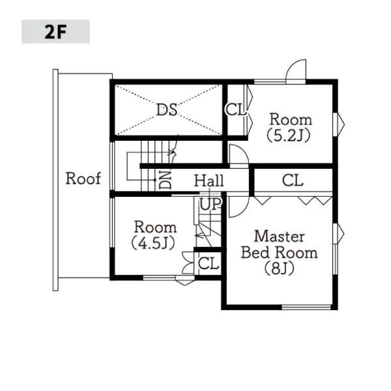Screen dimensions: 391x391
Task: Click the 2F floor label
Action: pyautogui.click(x=55, y=32)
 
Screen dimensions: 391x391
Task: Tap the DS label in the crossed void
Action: pyautogui.click(x=167, y=109)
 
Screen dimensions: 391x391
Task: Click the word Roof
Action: pyautogui.click(x=83, y=179)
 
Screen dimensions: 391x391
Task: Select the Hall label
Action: pyautogui.click(x=209, y=181)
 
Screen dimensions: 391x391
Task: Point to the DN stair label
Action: pyautogui.click(x=166, y=180)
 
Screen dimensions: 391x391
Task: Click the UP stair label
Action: pyautogui.click(x=210, y=204)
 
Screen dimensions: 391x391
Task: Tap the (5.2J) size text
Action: pyautogui.click(x=289, y=136)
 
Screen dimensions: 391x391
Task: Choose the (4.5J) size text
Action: pyautogui.click(x=153, y=243)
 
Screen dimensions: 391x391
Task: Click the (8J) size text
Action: pyautogui.click(x=280, y=268)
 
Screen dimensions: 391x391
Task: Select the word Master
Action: pyautogui.click(x=280, y=237)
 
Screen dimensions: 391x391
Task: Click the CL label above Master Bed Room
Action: pyautogui.click(x=293, y=180)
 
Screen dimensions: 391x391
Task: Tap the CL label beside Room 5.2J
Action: pyautogui.click(x=235, y=109)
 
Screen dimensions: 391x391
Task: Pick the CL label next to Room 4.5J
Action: pyautogui.click(x=209, y=263)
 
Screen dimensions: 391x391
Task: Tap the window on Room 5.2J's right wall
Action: pyautogui.click(x=339, y=124)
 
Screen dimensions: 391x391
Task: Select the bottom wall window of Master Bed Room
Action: pyautogui.click(x=306, y=307)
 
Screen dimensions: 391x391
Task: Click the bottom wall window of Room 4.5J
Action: pyautogui.click(x=169, y=278)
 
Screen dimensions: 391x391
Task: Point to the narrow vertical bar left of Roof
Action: pyautogui.click(x=55, y=180)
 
